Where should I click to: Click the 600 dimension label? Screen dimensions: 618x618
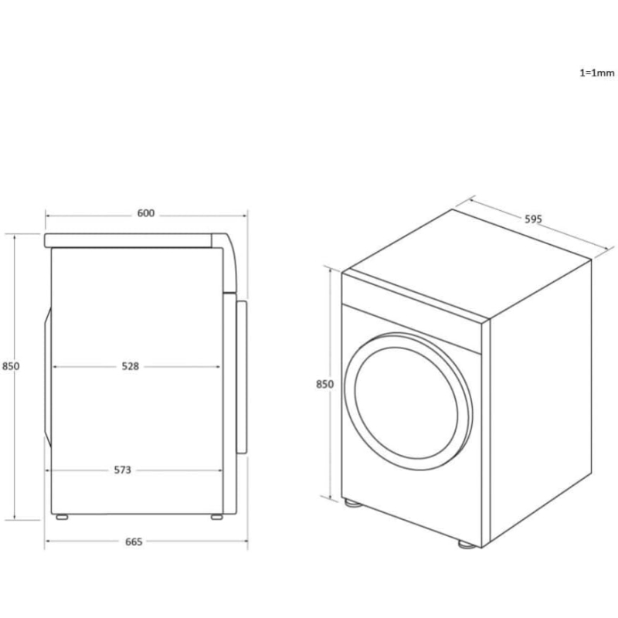click(x=146, y=214)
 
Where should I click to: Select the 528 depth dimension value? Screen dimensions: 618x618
click(x=130, y=366)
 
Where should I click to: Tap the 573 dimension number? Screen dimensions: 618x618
click(x=123, y=469)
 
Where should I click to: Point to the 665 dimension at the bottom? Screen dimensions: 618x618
click(x=134, y=542)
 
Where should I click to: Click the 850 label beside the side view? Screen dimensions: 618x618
click(x=10, y=366)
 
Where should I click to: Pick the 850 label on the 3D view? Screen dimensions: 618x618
click(x=324, y=384)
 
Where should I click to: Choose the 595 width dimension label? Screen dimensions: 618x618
click(x=534, y=219)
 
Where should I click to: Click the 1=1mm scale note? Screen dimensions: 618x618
click(x=596, y=73)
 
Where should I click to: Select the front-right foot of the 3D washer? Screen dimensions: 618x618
click(x=467, y=543)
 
